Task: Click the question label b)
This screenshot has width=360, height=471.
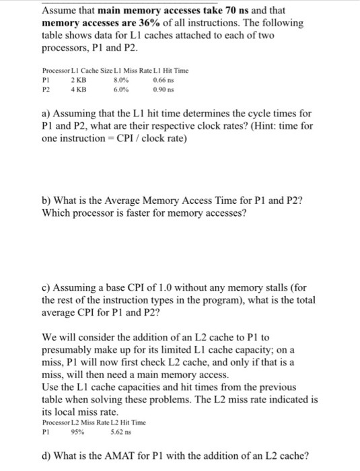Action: tap(48, 200)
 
